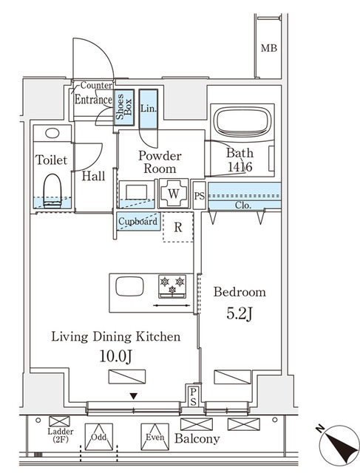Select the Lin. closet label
(146, 108)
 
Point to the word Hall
(93, 176)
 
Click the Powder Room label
(160, 162)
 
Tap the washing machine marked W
(174, 193)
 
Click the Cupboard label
(138, 221)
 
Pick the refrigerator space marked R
(178, 226)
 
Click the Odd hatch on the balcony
(99, 438)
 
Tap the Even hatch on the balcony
(154, 437)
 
